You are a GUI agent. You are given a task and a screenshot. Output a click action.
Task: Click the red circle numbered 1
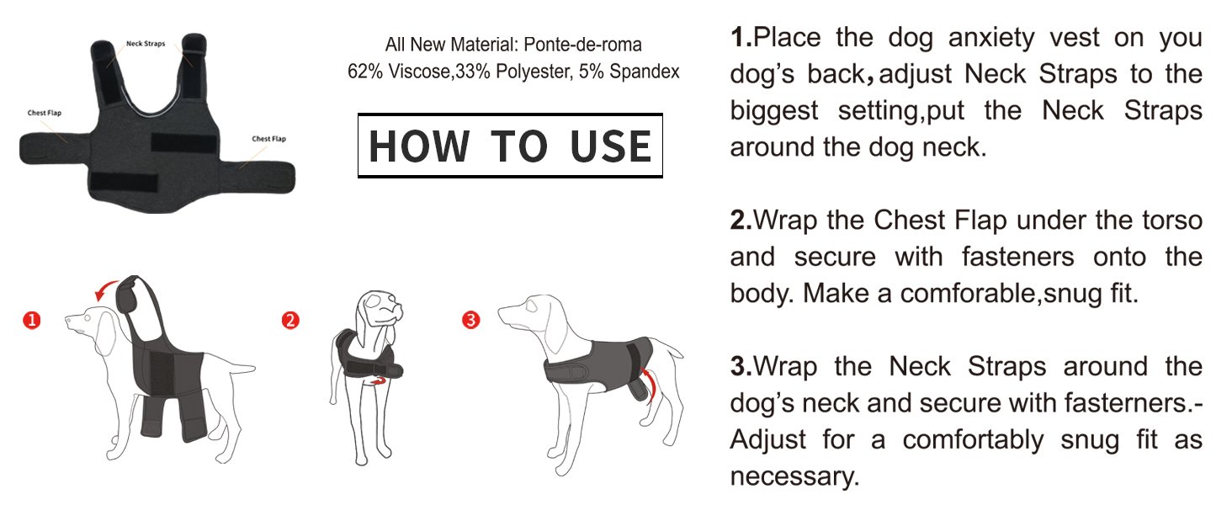[31, 320]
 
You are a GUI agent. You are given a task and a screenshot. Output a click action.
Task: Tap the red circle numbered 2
[290, 320]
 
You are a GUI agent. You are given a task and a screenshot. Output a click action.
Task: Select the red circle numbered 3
[471, 320]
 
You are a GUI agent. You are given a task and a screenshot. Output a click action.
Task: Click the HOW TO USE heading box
[510, 146]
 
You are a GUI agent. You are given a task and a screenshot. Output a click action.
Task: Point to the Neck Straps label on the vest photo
[144, 43]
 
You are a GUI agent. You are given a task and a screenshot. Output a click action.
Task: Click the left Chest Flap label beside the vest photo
[44, 112]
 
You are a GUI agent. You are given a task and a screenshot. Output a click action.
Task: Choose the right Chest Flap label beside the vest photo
[268, 139]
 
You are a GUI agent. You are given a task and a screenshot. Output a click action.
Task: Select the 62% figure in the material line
[363, 72]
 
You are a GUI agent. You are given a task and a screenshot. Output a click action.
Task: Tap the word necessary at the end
[794, 476]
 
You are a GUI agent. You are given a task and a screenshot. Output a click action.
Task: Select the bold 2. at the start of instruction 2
[741, 221]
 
